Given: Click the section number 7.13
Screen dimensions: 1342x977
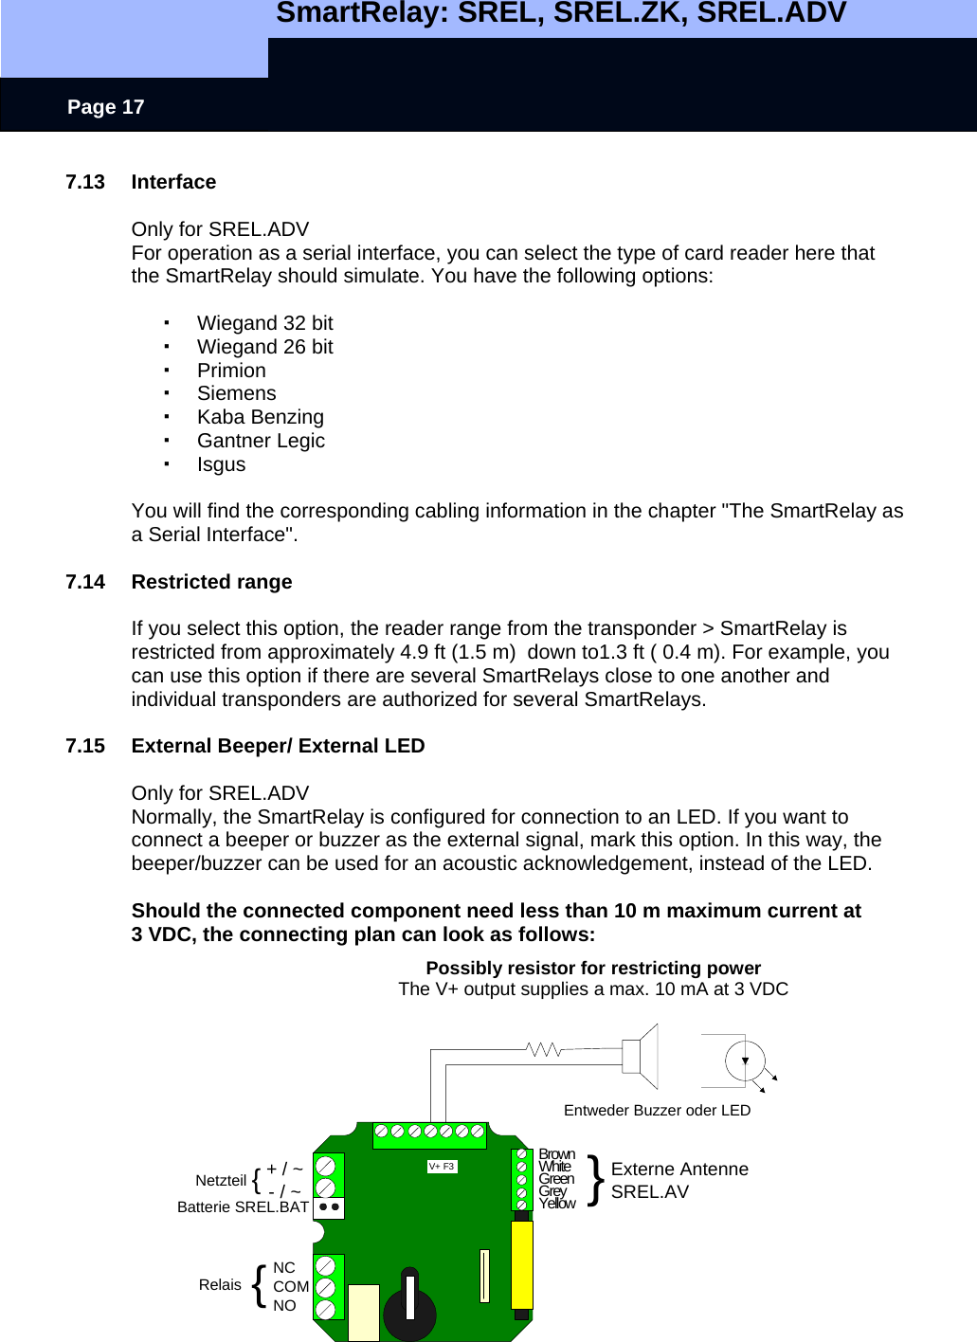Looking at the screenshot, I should point(85,182).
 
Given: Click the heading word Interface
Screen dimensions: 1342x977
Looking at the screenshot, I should point(173,182).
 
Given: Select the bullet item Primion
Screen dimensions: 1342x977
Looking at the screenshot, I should point(231,371).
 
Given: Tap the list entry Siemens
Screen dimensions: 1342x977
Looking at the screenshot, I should point(236,393).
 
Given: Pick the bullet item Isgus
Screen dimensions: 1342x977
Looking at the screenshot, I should point(221,464).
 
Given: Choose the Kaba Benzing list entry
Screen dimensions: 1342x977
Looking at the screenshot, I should point(260,417).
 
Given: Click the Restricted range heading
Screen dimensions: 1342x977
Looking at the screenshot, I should point(211,582).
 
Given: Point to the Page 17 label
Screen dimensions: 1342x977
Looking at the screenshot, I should point(105,107).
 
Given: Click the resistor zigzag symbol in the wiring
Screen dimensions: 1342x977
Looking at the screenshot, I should point(544,1049).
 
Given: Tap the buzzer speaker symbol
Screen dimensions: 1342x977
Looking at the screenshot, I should point(642,1055).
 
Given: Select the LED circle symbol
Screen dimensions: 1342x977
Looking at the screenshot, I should point(745,1061).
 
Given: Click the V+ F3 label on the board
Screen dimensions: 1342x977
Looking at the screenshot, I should point(442,1167).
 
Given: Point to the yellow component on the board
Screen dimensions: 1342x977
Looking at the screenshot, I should point(522,1264).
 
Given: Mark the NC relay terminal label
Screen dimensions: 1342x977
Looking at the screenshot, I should point(284,1268).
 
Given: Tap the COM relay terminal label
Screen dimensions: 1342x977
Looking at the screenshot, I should point(290,1287).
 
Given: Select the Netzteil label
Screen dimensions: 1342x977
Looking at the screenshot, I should point(221,1181).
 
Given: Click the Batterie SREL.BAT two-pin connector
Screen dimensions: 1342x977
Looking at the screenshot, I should point(329,1207).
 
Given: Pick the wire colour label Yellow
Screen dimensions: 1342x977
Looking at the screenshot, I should point(557,1204).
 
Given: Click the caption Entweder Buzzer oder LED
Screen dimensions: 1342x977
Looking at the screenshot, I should point(657,1111).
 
